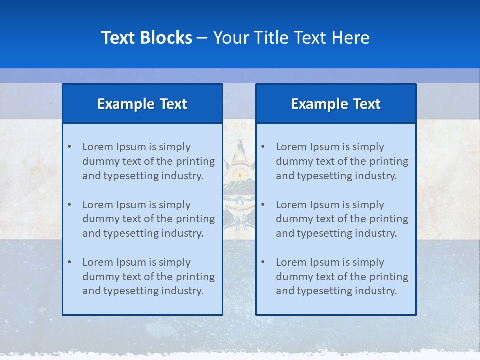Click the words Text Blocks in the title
point(146,38)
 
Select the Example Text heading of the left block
point(142,104)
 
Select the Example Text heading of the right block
point(336,104)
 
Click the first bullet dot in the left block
point(69,147)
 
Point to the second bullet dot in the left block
point(69,205)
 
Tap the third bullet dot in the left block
point(69,262)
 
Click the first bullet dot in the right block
point(263,147)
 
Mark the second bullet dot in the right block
point(263,205)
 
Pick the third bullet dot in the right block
point(263,262)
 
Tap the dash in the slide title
point(202,38)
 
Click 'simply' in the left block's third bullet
point(175,262)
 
